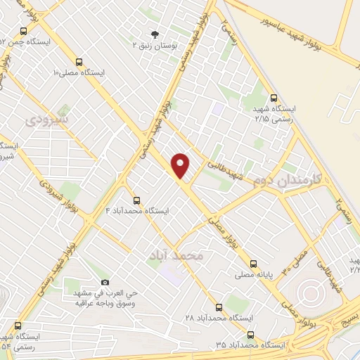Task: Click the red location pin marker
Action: [x=181, y=165]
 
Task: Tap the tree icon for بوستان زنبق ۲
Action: [x=155, y=34]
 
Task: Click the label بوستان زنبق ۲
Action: [x=155, y=45]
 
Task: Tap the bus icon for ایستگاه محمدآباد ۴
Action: [x=137, y=200]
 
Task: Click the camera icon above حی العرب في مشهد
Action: [x=105, y=283]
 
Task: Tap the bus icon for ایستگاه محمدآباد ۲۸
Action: [x=219, y=307]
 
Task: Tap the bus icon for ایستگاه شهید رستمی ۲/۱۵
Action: [x=274, y=98]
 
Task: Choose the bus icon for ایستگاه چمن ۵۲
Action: [x=24, y=31]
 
